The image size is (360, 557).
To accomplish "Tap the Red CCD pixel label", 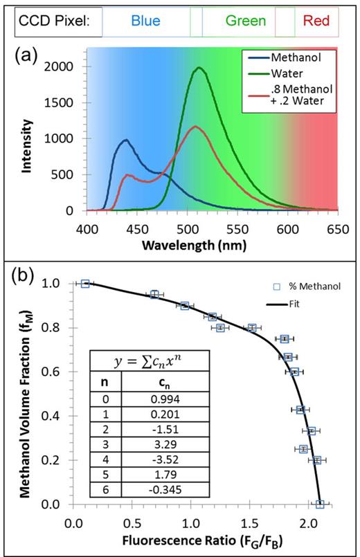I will click(316, 21).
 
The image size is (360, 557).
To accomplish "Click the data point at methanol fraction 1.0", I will click(85, 284).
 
